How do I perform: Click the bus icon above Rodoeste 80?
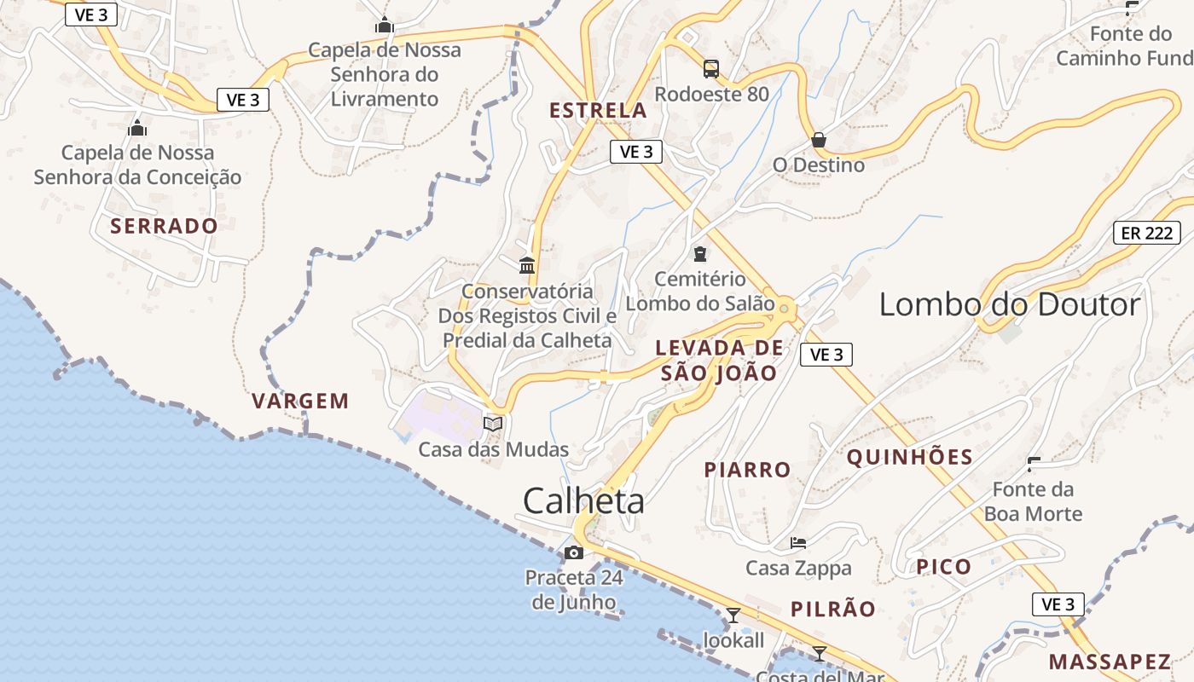[x=710, y=68]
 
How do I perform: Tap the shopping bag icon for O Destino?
[x=819, y=139]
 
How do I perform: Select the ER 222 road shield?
[x=1146, y=233]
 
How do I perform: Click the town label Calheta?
[x=583, y=500]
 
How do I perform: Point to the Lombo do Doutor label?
[x=1009, y=304]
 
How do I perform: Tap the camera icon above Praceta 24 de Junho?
[x=574, y=552]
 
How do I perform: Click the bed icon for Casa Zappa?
[x=798, y=542]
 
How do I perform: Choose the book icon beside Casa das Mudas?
[x=493, y=423]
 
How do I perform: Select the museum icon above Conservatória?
[x=527, y=265]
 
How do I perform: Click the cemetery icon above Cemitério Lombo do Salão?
[x=699, y=253]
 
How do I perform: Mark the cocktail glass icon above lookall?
[x=733, y=615]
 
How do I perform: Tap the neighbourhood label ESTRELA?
[x=598, y=111]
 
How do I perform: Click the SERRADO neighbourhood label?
[x=164, y=226]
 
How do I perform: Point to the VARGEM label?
[x=300, y=401]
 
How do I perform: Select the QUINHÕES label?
[x=909, y=457]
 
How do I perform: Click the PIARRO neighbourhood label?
[x=747, y=470]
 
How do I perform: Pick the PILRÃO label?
[x=832, y=609]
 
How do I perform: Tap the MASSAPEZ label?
[x=1109, y=662]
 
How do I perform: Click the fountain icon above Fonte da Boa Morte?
[x=1035, y=465]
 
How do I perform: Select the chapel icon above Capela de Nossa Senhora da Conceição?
[x=136, y=129]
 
